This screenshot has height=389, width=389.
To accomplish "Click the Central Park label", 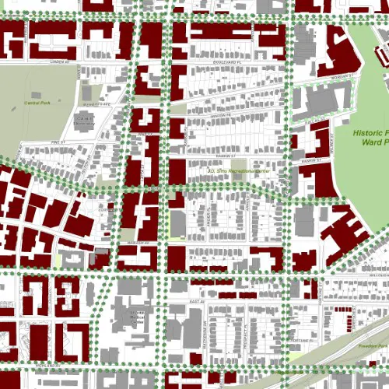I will click(x=37, y=103).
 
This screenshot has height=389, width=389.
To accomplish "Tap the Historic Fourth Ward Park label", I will click(x=370, y=138).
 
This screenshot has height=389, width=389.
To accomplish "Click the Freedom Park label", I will click(x=373, y=342).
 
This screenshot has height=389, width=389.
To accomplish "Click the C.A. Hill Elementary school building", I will click(x=85, y=121).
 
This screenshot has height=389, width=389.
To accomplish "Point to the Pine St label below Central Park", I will click(x=55, y=143).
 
